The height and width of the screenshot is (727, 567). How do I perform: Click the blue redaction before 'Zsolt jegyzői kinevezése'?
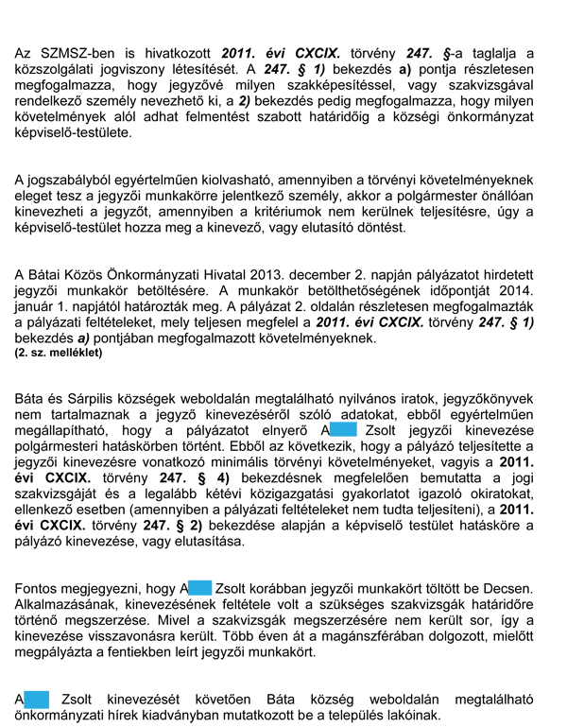pos(343,432)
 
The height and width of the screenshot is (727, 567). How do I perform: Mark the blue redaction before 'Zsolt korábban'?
pos(199,588)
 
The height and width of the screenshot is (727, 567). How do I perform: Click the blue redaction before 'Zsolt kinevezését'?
pos(35,699)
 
